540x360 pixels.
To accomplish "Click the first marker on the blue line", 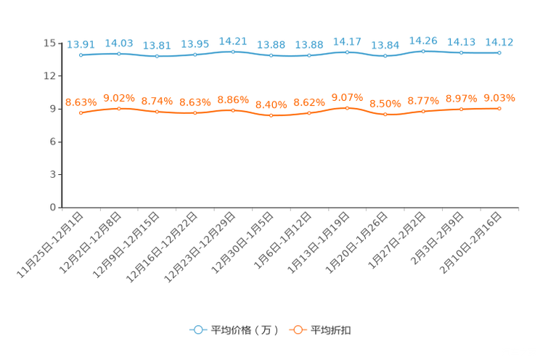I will [x=81, y=54].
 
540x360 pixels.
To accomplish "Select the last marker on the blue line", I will [x=499, y=52].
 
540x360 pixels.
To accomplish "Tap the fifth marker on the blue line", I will [x=232, y=52].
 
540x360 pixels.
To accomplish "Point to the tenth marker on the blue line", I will [x=423, y=51].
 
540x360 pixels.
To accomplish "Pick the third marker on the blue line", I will [x=157, y=56].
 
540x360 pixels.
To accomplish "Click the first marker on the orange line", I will [x=81, y=112].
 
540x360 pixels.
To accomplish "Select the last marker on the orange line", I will [x=499, y=109].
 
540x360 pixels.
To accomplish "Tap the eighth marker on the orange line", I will [x=347, y=108].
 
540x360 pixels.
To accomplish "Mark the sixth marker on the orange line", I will [x=271, y=115].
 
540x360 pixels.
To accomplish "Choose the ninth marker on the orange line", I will [x=385, y=114].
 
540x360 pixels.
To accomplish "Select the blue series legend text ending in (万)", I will [x=244, y=330].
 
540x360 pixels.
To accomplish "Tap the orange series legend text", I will [x=332, y=330].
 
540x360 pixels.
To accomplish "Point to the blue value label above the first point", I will [x=80, y=44].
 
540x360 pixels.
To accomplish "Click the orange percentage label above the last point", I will [x=499, y=98].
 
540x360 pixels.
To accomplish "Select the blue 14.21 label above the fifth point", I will [x=233, y=41].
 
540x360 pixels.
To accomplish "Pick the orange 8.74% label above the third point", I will [x=157, y=101].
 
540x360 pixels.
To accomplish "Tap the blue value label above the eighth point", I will [x=347, y=41].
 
